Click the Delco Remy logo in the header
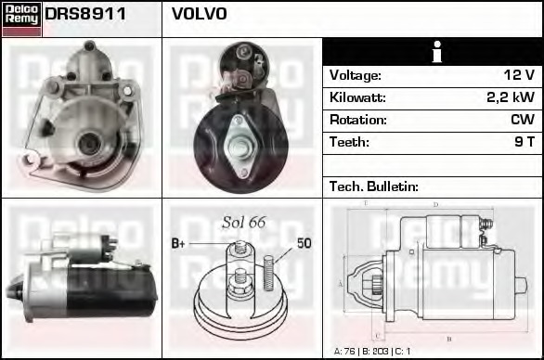[x=21, y=18]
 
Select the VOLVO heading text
[x=199, y=15]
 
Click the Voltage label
[x=355, y=75]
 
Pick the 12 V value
[x=519, y=75]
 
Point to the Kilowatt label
[x=357, y=97]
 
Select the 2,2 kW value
[x=511, y=97]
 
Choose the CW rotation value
[x=522, y=120]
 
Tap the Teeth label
[x=349, y=142]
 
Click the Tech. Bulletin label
[x=374, y=186]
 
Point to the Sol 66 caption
[x=243, y=222]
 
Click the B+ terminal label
[x=179, y=244]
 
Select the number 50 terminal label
[x=304, y=244]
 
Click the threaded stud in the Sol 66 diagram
[x=269, y=270]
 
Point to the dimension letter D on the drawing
[x=435, y=205]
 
